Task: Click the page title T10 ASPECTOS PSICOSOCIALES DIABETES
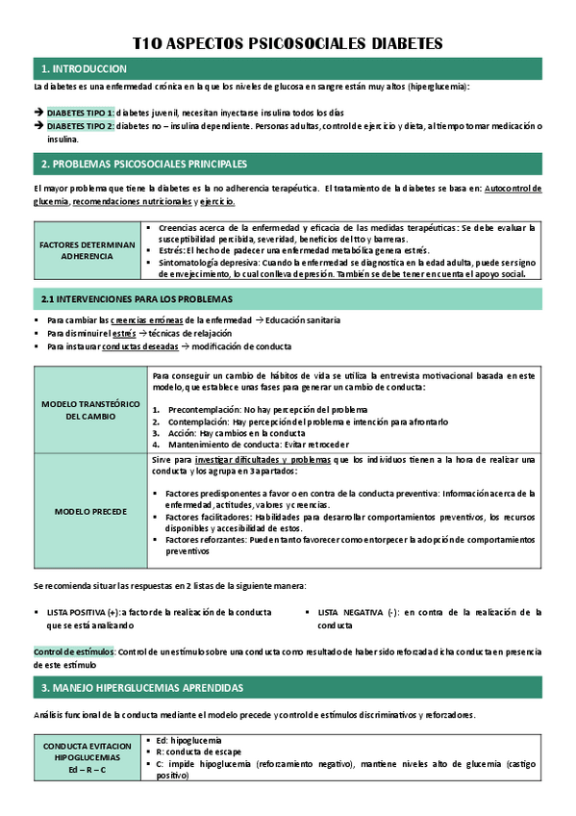(287, 43)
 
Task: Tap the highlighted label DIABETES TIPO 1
(81, 113)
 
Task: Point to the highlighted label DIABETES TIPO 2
(81, 126)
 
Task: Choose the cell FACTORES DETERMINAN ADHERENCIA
(87, 250)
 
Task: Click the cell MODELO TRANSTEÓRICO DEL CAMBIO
(91, 410)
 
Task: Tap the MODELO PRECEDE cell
(91, 510)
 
